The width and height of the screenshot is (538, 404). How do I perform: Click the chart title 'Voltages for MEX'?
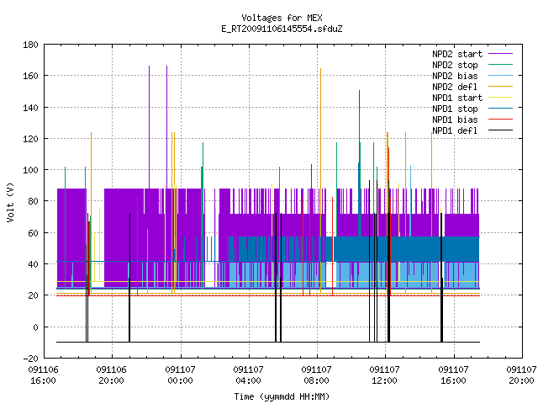pyautogui.click(x=282, y=18)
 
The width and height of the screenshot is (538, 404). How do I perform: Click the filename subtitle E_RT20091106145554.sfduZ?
pyautogui.click(x=282, y=29)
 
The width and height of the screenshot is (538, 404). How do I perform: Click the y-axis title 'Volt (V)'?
pyautogui.click(x=10, y=202)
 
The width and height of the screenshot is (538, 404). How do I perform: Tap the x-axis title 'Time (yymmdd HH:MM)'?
pyautogui.click(x=282, y=396)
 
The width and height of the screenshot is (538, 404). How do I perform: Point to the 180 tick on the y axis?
pyautogui.click(x=30, y=45)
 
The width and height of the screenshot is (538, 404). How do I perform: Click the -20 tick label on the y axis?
pyautogui.click(x=30, y=359)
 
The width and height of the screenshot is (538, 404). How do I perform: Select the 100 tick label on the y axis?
pyautogui.click(x=30, y=170)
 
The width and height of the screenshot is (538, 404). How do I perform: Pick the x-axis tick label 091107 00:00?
pyautogui.click(x=180, y=375)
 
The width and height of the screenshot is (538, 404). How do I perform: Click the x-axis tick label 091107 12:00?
pyautogui.click(x=385, y=375)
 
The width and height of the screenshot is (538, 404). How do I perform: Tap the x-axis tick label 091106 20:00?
pyautogui.click(x=112, y=375)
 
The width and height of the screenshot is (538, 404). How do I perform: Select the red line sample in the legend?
pyautogui.click(x=500, y=120)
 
